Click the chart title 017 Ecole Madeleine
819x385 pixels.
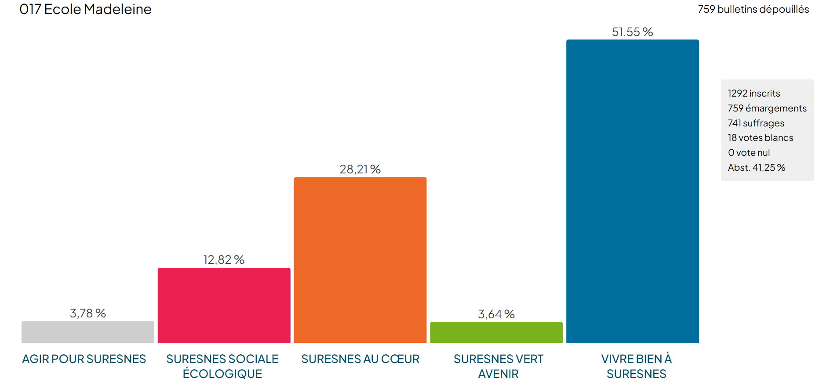(x=85, y=9)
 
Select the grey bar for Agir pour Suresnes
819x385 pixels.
(x=88, y=332)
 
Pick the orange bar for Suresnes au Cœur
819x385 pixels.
(x=360, y=260)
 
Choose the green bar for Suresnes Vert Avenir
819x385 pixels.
(x=496, y=332)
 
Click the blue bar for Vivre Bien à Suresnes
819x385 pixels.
(x=632, y=191)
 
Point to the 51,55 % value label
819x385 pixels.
(x=632, y=32)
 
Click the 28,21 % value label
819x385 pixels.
(x=360, y=169)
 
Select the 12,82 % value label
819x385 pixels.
(x=224, y=260)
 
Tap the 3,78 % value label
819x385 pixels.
(x=88, y=313)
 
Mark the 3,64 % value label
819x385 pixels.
(x=496, y=314)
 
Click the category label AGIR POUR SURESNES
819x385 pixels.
(x=84, y=359)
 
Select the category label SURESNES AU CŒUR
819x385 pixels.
(x=360, y=359)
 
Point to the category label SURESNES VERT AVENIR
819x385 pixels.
(x=498, y=367)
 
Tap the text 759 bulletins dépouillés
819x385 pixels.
(x=753, y=9)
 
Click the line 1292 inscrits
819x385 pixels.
(x=753, y=94)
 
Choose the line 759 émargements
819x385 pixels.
(x=767, y=108)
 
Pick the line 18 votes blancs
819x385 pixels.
(x=760, y=138)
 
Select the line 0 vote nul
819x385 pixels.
(x=749, y=153)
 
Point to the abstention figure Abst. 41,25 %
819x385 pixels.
(x=756, y=168)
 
